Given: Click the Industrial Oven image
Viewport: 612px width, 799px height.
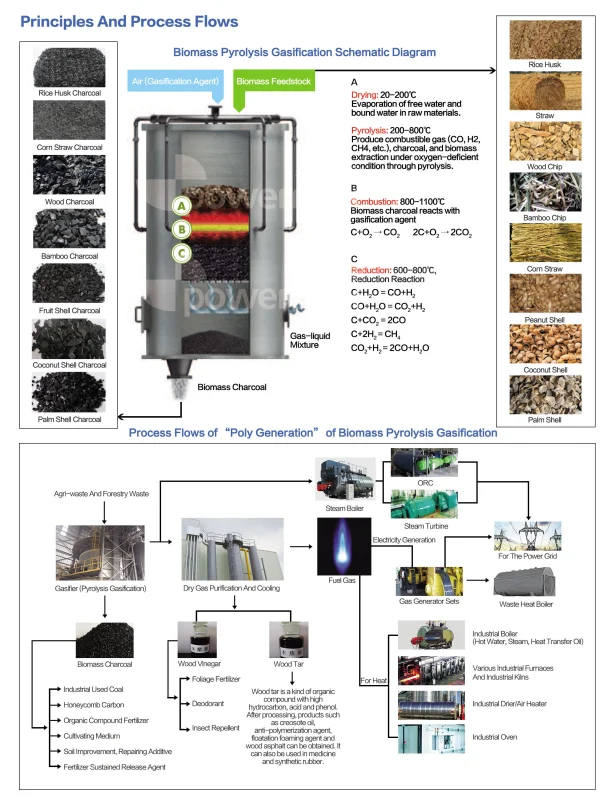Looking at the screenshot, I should (430, 739).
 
